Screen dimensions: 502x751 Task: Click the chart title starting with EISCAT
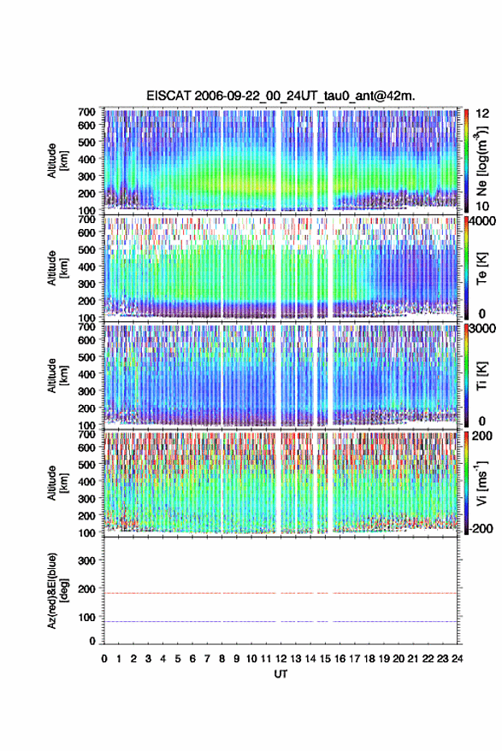coord(281,96)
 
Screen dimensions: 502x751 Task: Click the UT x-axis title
coord(281,674)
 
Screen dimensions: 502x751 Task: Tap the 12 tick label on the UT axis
coord(281,659)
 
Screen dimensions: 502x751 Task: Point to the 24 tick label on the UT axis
coord(457,659)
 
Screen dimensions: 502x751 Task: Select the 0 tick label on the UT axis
coord(104,659)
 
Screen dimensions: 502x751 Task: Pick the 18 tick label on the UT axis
coord(369,659)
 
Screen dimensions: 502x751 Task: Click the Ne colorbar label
coord(481,161)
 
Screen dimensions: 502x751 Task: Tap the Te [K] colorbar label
coord(481,268)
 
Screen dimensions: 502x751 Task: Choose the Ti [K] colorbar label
coord(481,376)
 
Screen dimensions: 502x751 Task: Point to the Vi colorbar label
coord(481,483)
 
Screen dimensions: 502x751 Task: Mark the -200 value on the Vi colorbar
coord(480,529)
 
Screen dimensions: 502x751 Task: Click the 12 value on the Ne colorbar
coord(482,114)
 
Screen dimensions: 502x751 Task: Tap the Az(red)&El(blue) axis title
coord(57,590)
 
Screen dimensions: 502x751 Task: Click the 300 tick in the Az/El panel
coord(86,560)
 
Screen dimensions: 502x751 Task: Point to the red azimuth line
coord(281,593)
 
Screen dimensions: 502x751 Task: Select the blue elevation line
coord(281,621)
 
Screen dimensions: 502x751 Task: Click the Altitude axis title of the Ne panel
coord(57,161)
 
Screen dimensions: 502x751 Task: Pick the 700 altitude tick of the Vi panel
coord(86,434)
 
